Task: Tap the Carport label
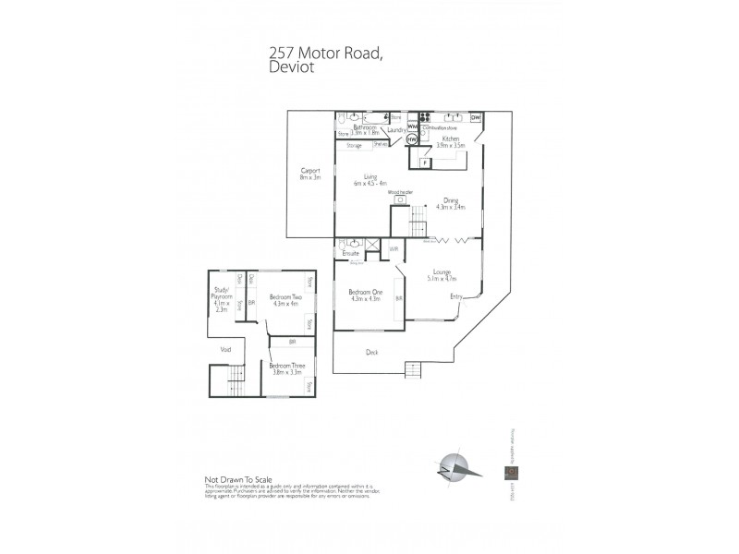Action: click(309, 174)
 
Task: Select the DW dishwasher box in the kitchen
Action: click(476, 118)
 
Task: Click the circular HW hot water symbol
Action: click(411, 139)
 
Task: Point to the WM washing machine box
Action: click(413, 126)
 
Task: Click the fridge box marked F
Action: click(425, 163)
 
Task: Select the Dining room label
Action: click(452, 203)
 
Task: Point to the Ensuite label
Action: click(350, 253)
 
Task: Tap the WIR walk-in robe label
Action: click(393, 248)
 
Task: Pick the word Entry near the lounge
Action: click(456, 296)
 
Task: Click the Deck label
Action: click(371, 351)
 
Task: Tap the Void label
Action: click(225, 349)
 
